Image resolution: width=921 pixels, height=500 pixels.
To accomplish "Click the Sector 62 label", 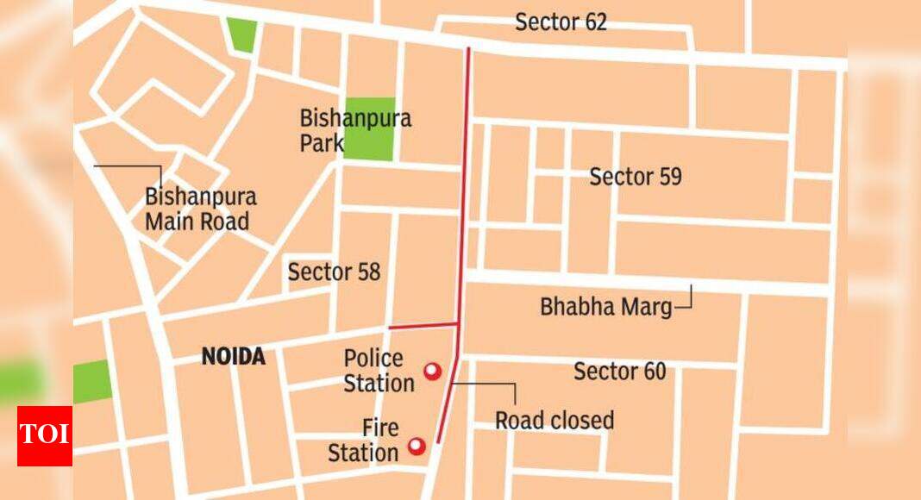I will [561, 22].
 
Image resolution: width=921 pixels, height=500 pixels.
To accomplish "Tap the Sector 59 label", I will [636, 178].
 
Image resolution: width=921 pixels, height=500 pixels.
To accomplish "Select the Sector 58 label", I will [334, 272].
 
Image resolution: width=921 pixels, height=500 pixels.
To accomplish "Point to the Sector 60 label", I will [619, 372].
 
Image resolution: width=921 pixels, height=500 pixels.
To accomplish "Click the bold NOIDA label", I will [233, 357].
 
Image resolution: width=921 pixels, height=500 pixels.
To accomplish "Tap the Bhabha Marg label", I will [605, 306].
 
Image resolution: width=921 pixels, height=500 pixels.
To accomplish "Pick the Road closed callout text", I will [554, 421].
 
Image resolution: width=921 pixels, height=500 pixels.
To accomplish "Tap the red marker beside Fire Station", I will [417, 446].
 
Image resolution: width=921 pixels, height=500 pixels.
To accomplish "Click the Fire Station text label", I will [363, 441].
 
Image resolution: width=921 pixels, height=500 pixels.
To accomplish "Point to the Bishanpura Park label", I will [355, 130].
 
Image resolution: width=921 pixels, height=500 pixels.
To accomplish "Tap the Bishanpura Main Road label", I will [200, 209].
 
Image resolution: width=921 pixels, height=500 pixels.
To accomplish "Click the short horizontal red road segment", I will [422, 326].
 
